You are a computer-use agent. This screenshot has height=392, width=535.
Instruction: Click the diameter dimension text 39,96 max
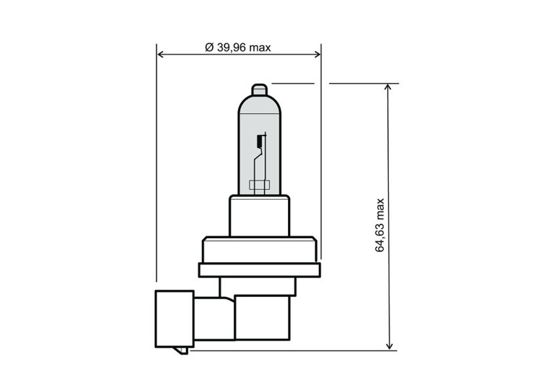[243, 47]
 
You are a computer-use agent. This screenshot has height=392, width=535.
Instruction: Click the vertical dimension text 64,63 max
[379, 225]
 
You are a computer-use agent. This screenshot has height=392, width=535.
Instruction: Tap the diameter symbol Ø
[209, 47]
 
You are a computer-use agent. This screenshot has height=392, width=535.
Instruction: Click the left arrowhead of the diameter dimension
[161, 54]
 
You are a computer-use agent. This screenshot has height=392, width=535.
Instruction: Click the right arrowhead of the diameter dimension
[317, 54]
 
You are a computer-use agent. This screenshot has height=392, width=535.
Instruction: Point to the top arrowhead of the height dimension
[388, 87]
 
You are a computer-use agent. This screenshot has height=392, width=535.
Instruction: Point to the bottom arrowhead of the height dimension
[389, 346]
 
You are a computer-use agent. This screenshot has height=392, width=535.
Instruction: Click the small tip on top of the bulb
[259, 89]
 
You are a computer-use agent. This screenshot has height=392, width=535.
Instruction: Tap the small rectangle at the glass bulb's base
[259, 185]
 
